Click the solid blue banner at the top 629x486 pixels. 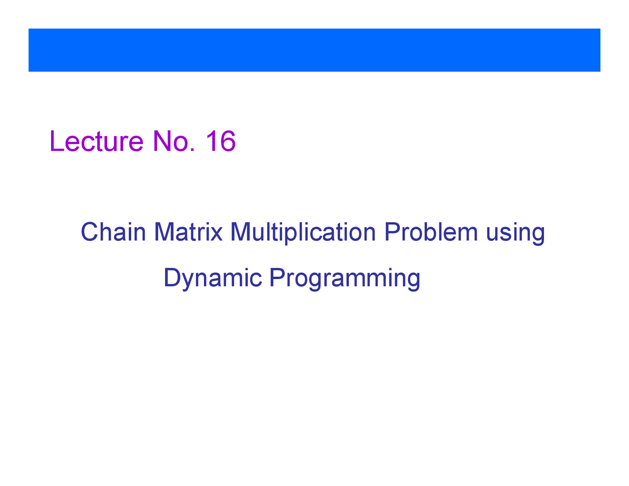pos(314,50)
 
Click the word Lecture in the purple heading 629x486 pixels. pos(96,142)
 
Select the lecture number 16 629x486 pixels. pos(221,142)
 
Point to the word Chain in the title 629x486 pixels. pos(113,232)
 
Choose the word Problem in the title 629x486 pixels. pos(431,232)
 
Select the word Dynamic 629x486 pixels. pos(212,278)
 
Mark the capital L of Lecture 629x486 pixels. pos(56,142)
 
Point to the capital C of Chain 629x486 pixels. pos(89,232)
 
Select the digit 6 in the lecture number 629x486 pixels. pos(227,142)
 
